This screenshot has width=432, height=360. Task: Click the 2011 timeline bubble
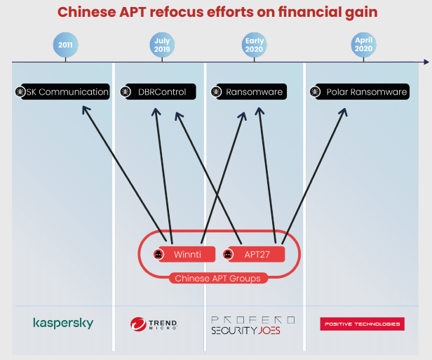(65, 46)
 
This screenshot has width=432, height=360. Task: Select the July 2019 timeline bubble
(161, 46)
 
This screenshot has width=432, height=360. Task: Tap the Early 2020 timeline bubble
(255, 46)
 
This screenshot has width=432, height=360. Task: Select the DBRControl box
(156, 92)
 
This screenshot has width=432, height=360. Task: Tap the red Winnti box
(181, 254)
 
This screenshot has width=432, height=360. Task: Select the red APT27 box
(254, 254)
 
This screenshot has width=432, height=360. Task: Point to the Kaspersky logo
(63, 324)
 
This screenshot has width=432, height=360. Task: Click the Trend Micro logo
(154, 324)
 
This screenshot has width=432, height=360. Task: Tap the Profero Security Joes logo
(252, 324)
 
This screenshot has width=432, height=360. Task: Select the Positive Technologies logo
(362, 324)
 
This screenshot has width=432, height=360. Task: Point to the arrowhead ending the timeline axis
(426, 62)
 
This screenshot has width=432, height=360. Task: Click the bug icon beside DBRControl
(126, 92)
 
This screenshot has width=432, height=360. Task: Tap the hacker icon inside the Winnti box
(158, 254)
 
